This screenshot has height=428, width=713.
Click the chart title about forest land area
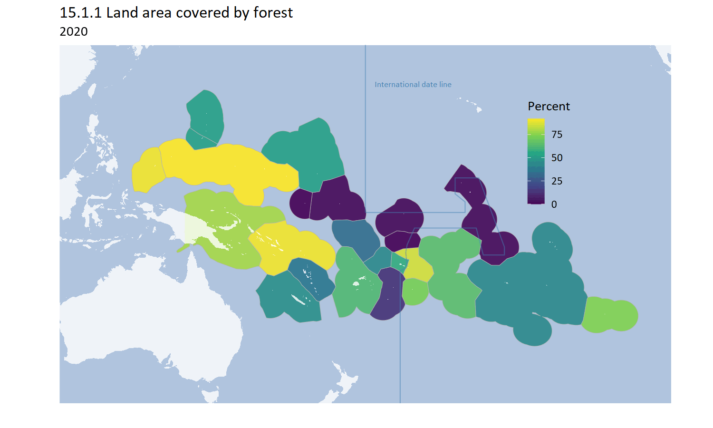(176, 13)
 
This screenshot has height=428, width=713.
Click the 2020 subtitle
(74, 32)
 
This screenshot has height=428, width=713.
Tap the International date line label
(413, 84)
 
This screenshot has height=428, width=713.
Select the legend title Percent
(549, 107)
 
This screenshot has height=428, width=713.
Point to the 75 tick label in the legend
(557, 135)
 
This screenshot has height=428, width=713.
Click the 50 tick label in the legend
(557, 157)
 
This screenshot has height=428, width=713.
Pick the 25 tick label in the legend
(557, 181)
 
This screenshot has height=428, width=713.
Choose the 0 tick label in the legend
(554, 204)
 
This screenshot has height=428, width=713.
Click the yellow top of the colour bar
(536, 123)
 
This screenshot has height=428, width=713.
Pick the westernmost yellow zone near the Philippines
(148, 170)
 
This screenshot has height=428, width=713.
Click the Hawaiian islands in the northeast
(471, 104)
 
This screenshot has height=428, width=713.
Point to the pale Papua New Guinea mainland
(204, 229)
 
